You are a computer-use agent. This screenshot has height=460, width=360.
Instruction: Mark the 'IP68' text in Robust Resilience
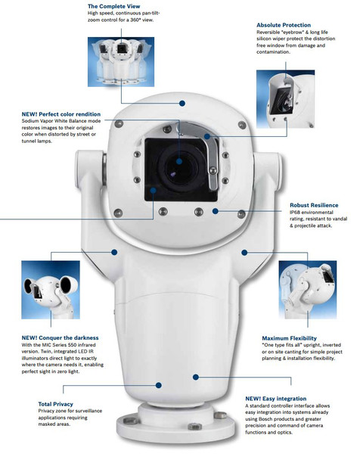[297, 214]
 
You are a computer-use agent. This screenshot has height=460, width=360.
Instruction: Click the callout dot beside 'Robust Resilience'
[216, 211]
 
